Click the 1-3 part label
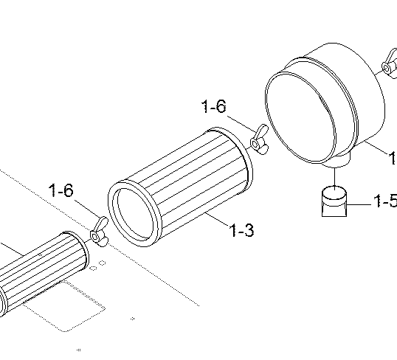241,230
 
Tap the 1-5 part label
385,201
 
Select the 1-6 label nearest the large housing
214,106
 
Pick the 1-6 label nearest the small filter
61,190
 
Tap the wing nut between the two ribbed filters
99,232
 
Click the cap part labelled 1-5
334,201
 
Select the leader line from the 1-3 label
218,220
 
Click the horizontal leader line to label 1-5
359,204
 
